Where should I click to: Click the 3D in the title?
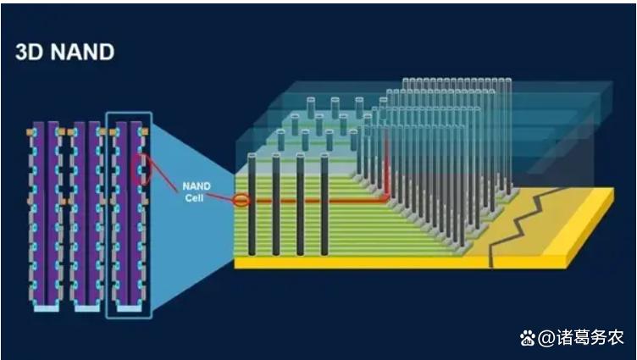coord(29,52)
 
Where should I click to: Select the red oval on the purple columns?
coord(142,169)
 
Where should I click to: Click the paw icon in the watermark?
coord(527,338)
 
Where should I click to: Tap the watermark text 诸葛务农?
coord(590,338)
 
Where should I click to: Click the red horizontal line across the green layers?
coord(322,202)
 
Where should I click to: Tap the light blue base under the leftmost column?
coord(46,308)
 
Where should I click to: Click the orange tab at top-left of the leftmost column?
coord(30,133)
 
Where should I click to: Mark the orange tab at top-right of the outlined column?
coord(144,132)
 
